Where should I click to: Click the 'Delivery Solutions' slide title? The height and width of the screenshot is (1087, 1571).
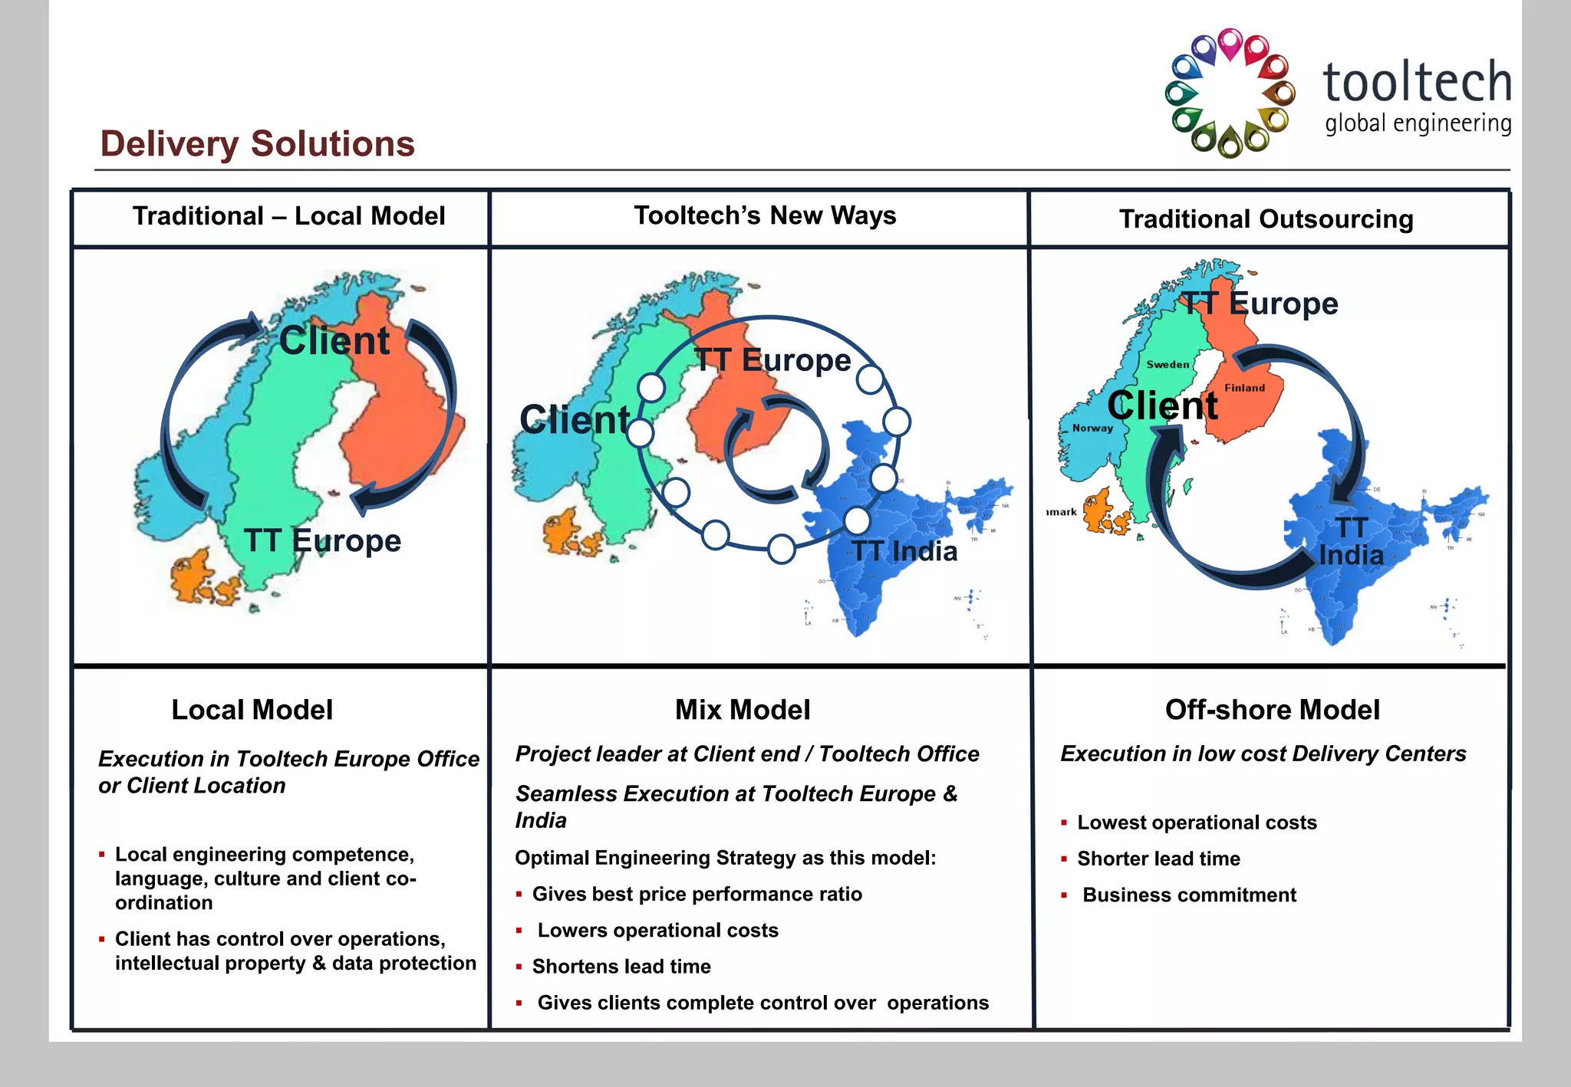pyautogui.click(x=257, y=144)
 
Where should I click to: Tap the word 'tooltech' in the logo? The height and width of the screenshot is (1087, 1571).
pyautogui.click(x=1417, y=82)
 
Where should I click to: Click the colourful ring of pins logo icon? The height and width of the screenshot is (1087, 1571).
pyautogui.click(x=1230, y=94)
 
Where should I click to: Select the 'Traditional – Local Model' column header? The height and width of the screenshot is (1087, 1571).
pyautogui.click(x=288, y=216)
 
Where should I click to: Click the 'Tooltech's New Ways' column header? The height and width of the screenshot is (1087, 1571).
pyautogui.click(x=765, y=215)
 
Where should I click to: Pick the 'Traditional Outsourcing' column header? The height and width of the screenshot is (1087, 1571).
pyautogui.click(x=1266, y=219)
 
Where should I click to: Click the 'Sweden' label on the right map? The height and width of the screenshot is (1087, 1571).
pyautogui.click(x=1168, y=365)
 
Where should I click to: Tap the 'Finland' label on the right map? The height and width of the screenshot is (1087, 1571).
pyautogui.click(x=1244, y=388)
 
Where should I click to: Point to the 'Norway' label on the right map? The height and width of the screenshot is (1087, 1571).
pyautogui.click(x=1092, y=428)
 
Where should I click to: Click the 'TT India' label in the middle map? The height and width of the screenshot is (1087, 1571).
pyautogui.click(x=904, y=551)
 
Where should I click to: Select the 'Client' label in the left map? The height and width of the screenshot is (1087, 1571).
pyautogui.click(x=334, y=340)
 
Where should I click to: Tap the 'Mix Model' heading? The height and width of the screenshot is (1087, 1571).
pyautogui.click(x=743, y=710)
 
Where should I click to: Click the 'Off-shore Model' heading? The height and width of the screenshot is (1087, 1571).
pyautogui.click(x=1272, y=710)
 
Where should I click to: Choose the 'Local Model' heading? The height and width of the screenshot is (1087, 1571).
pyautogui.click(x=252, y=710)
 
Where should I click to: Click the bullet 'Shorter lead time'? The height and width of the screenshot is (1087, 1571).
pyautogui.click(x=1158, y=859)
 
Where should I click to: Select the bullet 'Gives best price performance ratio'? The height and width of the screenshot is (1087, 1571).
pyautogui.click(x=697, y=894)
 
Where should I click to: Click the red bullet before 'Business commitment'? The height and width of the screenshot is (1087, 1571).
pyautogui.click(x=1064, y=895)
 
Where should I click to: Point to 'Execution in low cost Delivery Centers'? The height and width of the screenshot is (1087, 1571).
pyautogui.click(x=1263, y=754)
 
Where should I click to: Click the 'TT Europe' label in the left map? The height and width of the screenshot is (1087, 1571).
pyautogui.click(x=323, y=540)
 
